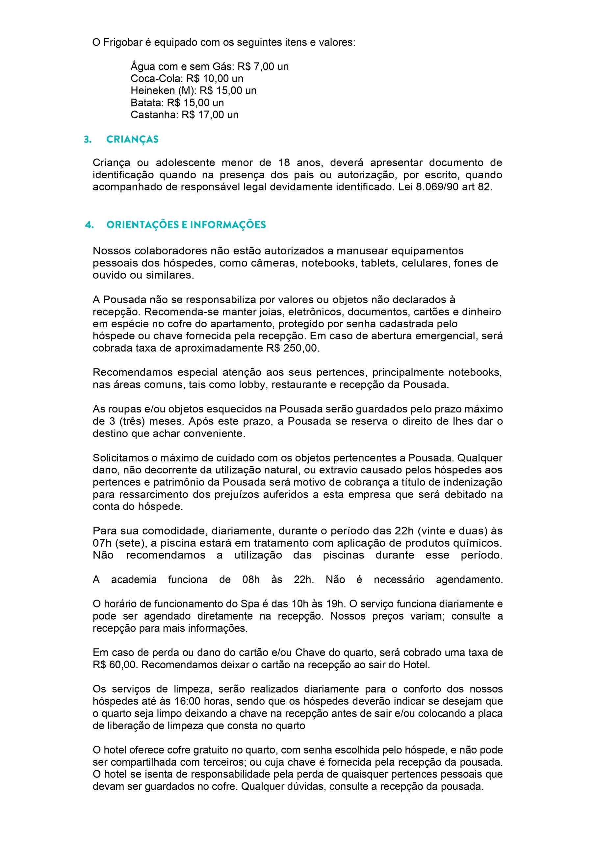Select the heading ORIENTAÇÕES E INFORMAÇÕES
tap(186, 225)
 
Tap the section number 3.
tap(87, 139)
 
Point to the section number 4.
tap(89, 225)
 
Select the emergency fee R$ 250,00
tap(293, 348)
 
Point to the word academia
tap(134, 580)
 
